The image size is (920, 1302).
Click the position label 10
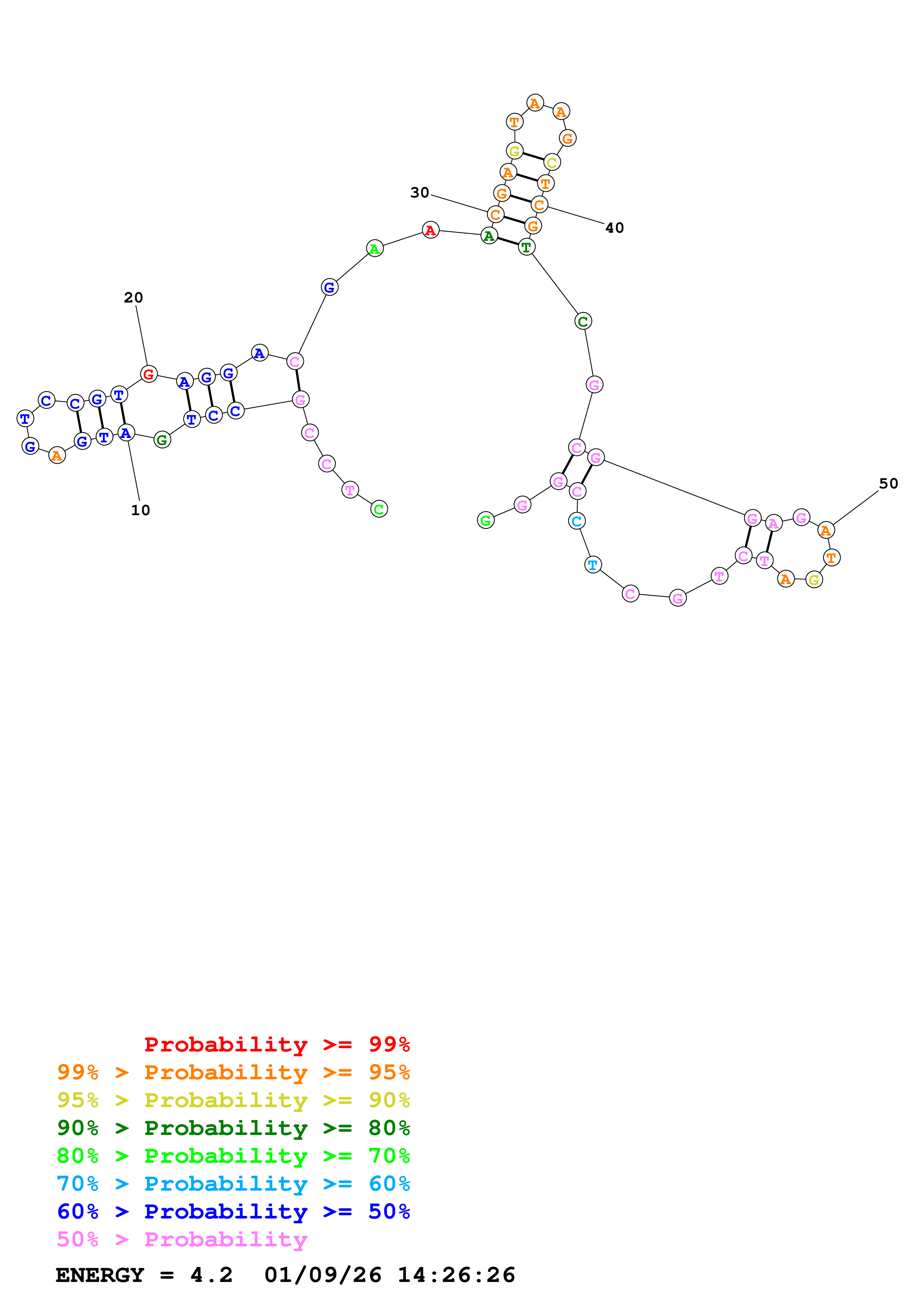[x=141, y=510]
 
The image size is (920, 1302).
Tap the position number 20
[x=133, y=298]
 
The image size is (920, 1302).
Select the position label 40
[x=615, y=228]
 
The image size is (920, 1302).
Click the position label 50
[x=888, y=484]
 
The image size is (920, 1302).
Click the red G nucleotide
[x=148, y=374]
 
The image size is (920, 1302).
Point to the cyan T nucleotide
[x=593, y=565]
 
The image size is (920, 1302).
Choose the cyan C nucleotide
[x=576, y=521]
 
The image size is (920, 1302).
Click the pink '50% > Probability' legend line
[x=182, y=1239]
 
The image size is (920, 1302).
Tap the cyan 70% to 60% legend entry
[x=233, y=1184]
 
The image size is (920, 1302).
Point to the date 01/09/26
[x=323, y=1275]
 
